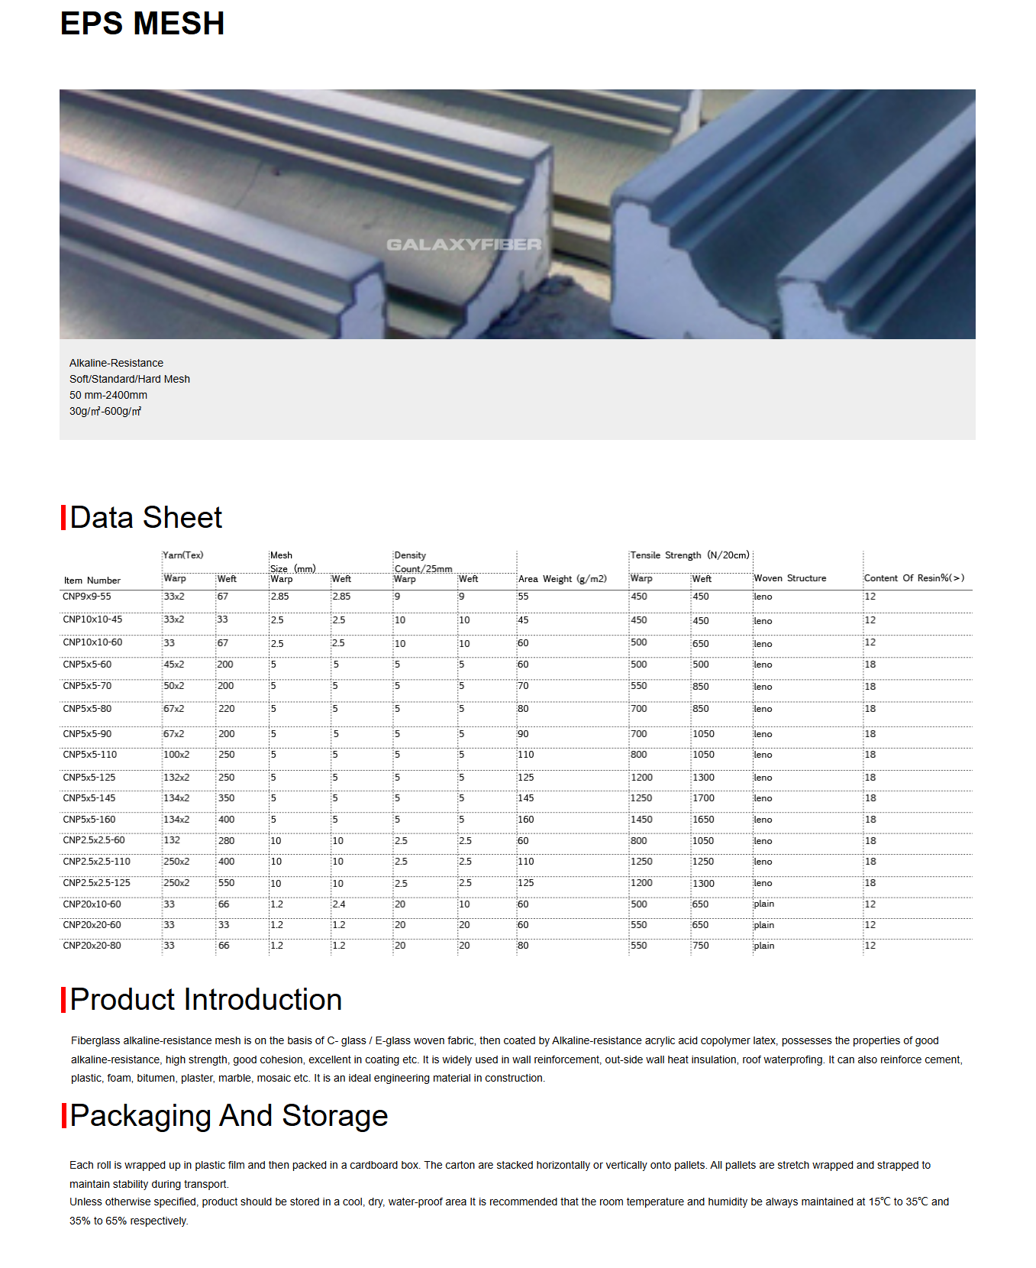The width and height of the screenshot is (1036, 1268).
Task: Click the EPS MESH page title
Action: (142, 24)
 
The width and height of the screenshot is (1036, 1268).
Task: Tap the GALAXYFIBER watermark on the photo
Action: (463, 244)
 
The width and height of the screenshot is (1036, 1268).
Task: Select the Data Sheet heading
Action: (146, 517)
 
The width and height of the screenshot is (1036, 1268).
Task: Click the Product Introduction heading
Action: (205, 999)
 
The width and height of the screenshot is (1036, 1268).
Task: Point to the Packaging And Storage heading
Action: (228, 1115)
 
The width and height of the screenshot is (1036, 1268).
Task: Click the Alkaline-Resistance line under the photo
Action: (116, 363)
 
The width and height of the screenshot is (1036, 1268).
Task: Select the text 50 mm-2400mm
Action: (108, 395)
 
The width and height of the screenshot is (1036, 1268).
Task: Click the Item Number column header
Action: (92, 581)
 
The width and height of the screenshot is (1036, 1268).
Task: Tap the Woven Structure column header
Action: (789, 578)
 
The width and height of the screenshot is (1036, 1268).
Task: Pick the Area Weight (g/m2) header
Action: (562, 579)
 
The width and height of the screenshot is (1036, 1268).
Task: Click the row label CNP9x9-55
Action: (87, 597)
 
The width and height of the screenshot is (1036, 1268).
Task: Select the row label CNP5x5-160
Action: (89, 820)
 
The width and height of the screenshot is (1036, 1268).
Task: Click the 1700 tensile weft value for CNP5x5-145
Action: (703, 798)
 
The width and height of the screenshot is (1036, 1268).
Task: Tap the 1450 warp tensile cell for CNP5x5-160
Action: (641, 820)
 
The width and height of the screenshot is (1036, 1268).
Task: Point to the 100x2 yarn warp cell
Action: (176, 755)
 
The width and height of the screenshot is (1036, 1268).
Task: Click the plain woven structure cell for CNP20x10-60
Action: (763, 904)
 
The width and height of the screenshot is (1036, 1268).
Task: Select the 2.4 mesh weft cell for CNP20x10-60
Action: (338, 904)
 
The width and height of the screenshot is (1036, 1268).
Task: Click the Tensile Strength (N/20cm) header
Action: (689, 555)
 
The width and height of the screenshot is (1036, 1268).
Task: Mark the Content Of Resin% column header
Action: (914, 578)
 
